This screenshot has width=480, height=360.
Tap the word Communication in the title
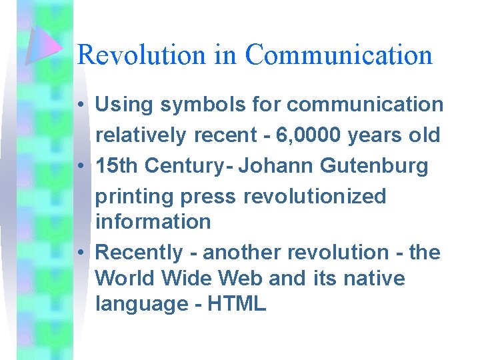click(x=339, y=55)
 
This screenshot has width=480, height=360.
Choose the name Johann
click(x=274, y=165)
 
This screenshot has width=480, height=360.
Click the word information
click(x=153, y=221)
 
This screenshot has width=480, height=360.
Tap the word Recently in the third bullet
click(x=139, y=253)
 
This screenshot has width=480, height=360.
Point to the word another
click(x=243, y=253)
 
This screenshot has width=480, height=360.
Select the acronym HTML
click(x=237, y=304)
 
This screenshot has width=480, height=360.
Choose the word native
click(x=375, y=277)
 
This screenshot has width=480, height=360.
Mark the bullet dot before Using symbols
click(x=79, y=105)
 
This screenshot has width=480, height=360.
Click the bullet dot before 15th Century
click(x=79, y=166)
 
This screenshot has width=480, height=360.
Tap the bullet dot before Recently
click(x=79, y=253)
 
